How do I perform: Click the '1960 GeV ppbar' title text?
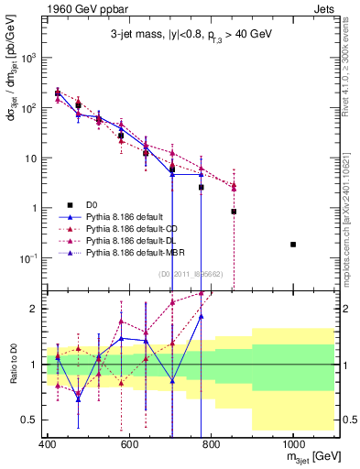79,8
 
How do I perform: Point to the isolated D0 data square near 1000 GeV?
293,245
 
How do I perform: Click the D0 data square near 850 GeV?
234,212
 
